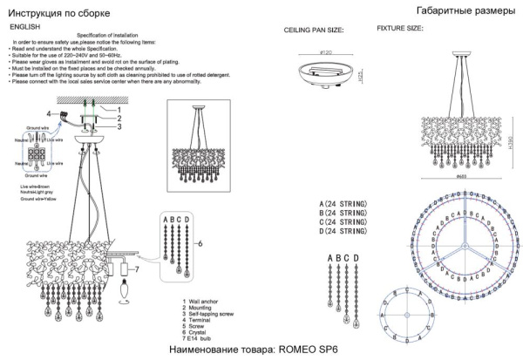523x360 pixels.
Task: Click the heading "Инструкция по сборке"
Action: (x=61, y=15)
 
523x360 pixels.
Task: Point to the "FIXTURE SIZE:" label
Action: (x=400, y=29)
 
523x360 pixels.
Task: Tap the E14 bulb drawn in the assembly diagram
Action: (x=121, y=287)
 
